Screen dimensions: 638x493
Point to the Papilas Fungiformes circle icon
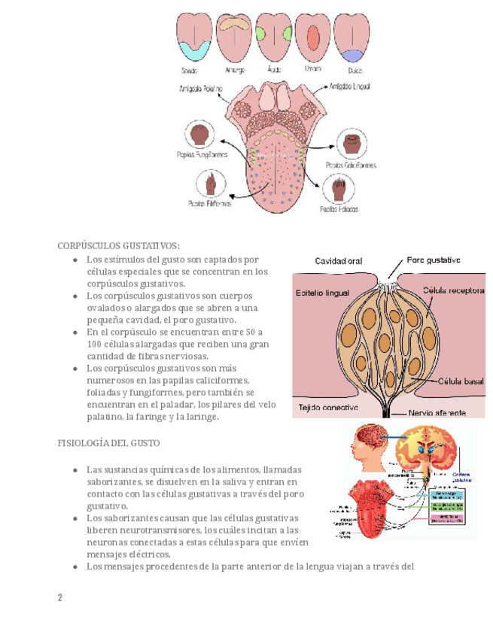pos(199,135)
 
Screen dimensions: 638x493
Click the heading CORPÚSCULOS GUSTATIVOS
pos(119,246)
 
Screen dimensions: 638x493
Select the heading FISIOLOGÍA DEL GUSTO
pos(108,443)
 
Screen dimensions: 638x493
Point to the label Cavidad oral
pos(338,261)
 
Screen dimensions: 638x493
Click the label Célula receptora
pos(453,289)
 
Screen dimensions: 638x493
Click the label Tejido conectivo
pos(328,408)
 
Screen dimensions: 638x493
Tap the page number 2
pos(60,597)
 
